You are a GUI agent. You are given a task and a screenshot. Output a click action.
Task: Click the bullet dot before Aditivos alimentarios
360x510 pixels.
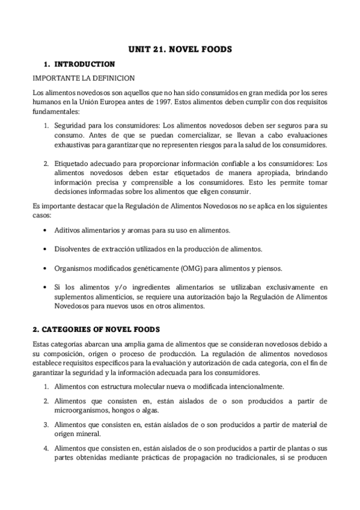click(46, 231)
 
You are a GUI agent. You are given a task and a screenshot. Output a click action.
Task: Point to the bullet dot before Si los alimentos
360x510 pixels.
click(46, 287)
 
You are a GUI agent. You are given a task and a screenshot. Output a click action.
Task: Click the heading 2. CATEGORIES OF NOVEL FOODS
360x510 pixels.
click(96, 329)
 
